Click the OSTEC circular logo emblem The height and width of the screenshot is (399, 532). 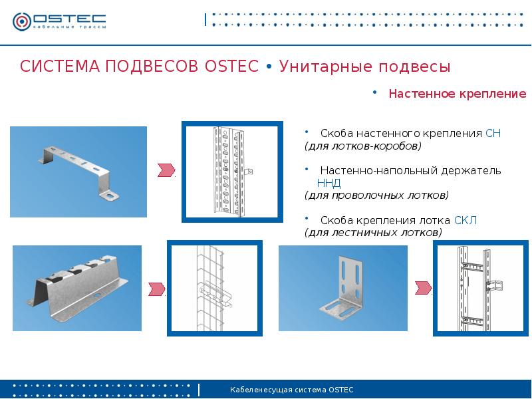click(x=22, y=21)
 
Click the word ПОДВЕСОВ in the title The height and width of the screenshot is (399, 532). click(x=152, y=66)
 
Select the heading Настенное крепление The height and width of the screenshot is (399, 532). click(x=458, y=93)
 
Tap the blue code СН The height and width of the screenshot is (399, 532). click(x=493, y=133)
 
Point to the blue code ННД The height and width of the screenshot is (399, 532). click(x=329, y=183)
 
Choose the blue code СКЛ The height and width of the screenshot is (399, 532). click(x=465, y=220)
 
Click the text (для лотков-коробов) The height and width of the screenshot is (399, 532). click(x=362, y=146)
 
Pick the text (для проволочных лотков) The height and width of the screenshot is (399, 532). click(x=376, y=195)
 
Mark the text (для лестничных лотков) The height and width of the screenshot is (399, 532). click(x=373, y=232)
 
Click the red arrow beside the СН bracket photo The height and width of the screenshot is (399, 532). click(x=166, y=170)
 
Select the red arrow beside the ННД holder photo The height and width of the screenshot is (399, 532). click(x=157, y=289)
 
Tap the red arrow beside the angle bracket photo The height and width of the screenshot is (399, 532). click(x=424, y=288)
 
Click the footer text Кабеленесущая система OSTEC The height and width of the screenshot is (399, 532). click(x=291, y=390)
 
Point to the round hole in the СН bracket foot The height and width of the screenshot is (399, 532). click(x=111, y=196)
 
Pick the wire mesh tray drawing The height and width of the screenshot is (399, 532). click(x=214, y=288)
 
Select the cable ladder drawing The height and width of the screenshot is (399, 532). click(x=479, y=288)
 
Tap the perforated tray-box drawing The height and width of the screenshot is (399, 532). click(x=231, y=172)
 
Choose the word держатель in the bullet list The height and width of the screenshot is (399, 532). click(x=471, y=170)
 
